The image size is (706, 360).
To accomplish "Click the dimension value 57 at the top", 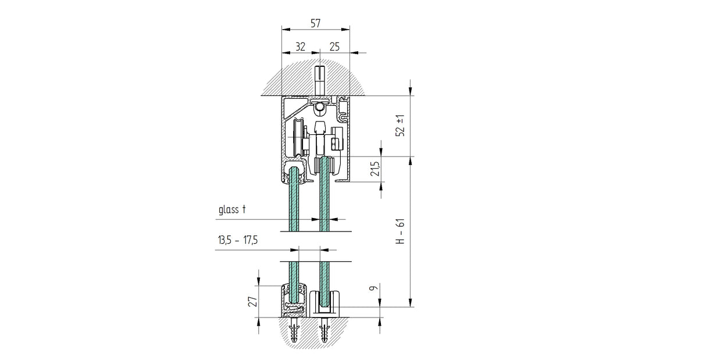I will point(315,23).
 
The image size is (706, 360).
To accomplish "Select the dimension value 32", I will point(300,47).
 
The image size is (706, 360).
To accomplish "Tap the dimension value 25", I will point(334,47).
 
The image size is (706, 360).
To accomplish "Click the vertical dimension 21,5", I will point(375,169).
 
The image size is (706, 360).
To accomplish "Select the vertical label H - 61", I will point(400,232).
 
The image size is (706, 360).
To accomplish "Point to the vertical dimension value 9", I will point(375,287).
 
